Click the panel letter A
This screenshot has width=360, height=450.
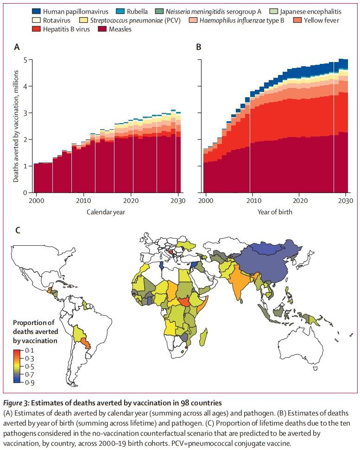coord(17,47)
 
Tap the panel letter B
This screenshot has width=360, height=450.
coord(199,47)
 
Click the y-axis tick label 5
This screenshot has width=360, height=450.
coord(26,60)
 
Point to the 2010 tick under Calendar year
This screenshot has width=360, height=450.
coord(83,201)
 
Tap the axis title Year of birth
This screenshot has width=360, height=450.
coord(276,212)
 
